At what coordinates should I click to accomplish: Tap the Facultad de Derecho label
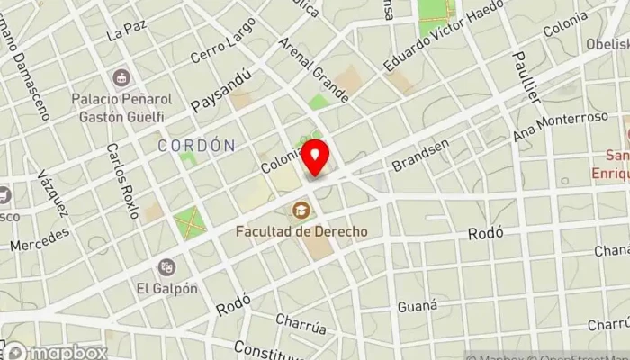301,231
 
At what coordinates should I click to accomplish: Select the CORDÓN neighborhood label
196,145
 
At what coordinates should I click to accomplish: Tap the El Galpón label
167,288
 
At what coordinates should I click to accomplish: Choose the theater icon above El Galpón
166,267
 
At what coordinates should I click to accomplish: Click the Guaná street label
417,306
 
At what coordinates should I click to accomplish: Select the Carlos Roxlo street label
122,180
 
